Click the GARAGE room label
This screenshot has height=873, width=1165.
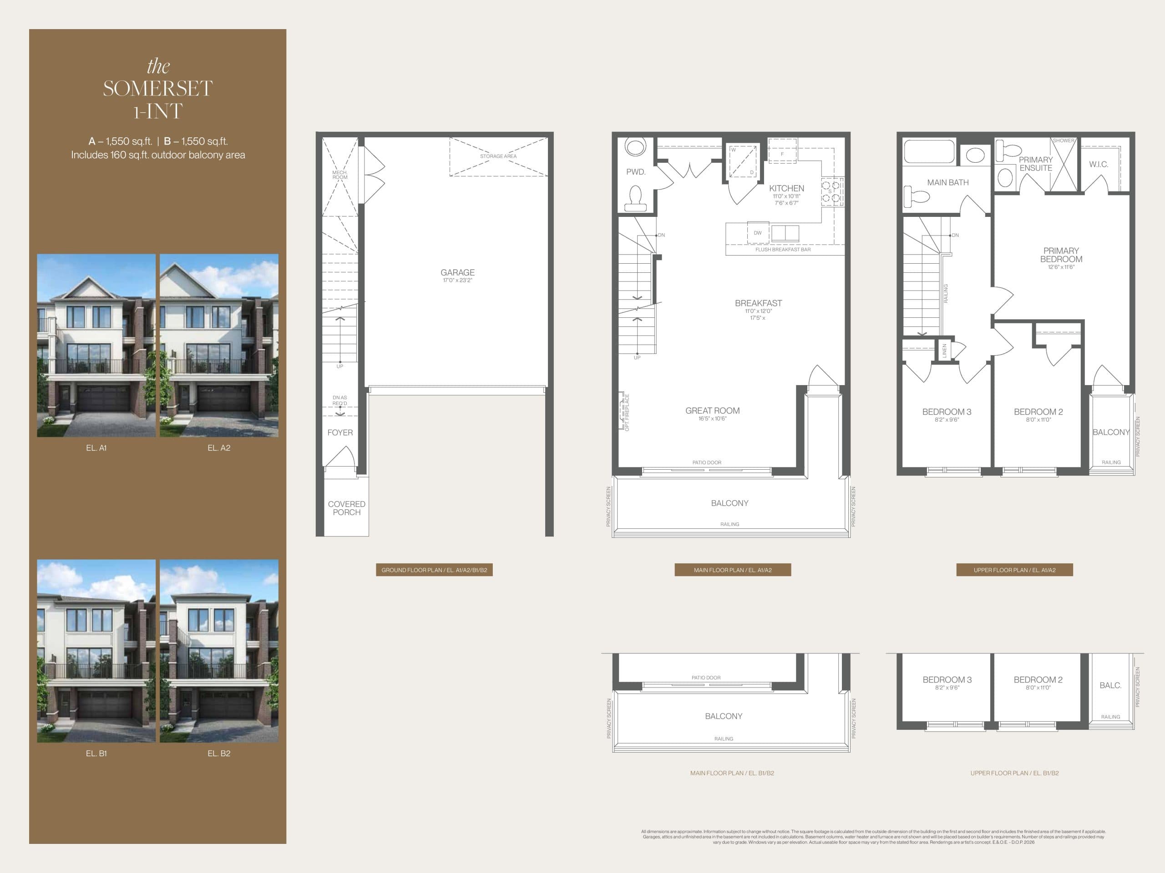click(x=457, y=272)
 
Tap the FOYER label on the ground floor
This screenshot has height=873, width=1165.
click(x=339, y=432)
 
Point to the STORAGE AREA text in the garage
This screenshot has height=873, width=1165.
click(x=498, y=156)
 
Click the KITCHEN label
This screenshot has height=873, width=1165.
click(x=786, y=188)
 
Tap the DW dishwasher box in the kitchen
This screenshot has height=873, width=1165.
click(x=757, y=233)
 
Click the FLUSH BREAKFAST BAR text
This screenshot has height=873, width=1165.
click(x=783, y=250)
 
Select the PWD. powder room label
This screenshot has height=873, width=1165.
click(x=635, y=171)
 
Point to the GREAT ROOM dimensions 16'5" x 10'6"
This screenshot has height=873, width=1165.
click(x=712, y=419)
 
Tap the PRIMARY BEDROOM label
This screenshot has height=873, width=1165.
click(x=1061, y=255)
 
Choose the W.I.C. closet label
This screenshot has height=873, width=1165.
click(x=1098, y=164)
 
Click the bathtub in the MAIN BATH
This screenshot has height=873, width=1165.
click(x=929, y=151)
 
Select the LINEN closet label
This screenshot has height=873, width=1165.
click(x=944, y=351)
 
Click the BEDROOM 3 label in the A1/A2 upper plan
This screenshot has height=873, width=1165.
click(x=947, y=411)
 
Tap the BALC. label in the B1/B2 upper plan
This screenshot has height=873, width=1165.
click(x=1110, y=685)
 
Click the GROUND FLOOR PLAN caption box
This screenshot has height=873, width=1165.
click(x=434, y=570)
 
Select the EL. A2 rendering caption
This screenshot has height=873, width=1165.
click(x=218, y=448)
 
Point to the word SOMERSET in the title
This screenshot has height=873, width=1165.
click(x=157, y=88)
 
